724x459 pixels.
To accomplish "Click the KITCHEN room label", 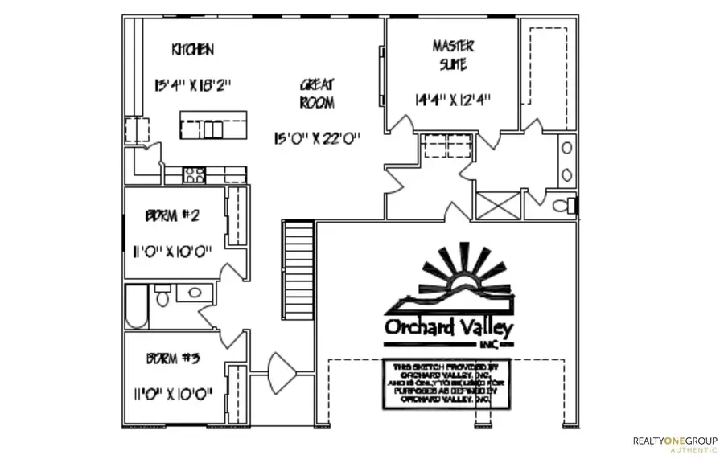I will point(192,50).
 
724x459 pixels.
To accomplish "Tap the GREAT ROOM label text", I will point(317,93).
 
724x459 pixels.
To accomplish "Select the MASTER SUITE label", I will point(454,55).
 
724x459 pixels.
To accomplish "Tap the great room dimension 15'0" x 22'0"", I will point(317,137).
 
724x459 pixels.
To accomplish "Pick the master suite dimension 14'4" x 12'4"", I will point(453,100).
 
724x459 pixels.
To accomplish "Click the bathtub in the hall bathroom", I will point(137,307).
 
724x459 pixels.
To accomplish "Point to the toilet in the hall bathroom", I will point(162,298).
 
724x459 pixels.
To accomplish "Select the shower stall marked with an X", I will point(499,205).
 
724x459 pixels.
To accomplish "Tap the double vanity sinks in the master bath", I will point(566,161).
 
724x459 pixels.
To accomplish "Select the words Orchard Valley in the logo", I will point(448,329).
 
